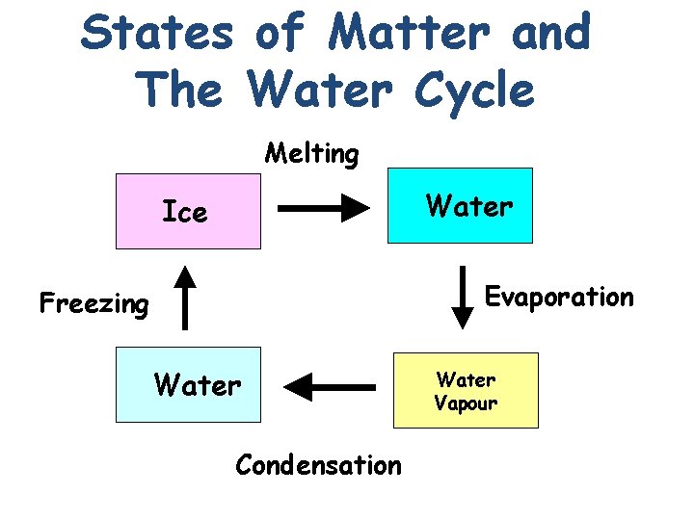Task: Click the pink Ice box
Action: coord(188,211)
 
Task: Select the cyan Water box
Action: coord(459,205)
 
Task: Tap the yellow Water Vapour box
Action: coord(466,390)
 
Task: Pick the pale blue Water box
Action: coord(188,385)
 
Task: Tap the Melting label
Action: coord(311,153)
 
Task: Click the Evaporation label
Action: coord(559,297)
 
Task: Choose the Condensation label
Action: coord(318,465)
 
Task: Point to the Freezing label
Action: coord(94,304)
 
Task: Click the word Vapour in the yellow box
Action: coord(466,403)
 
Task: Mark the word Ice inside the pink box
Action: coord(184,212)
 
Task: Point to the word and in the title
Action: coord(551,35)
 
